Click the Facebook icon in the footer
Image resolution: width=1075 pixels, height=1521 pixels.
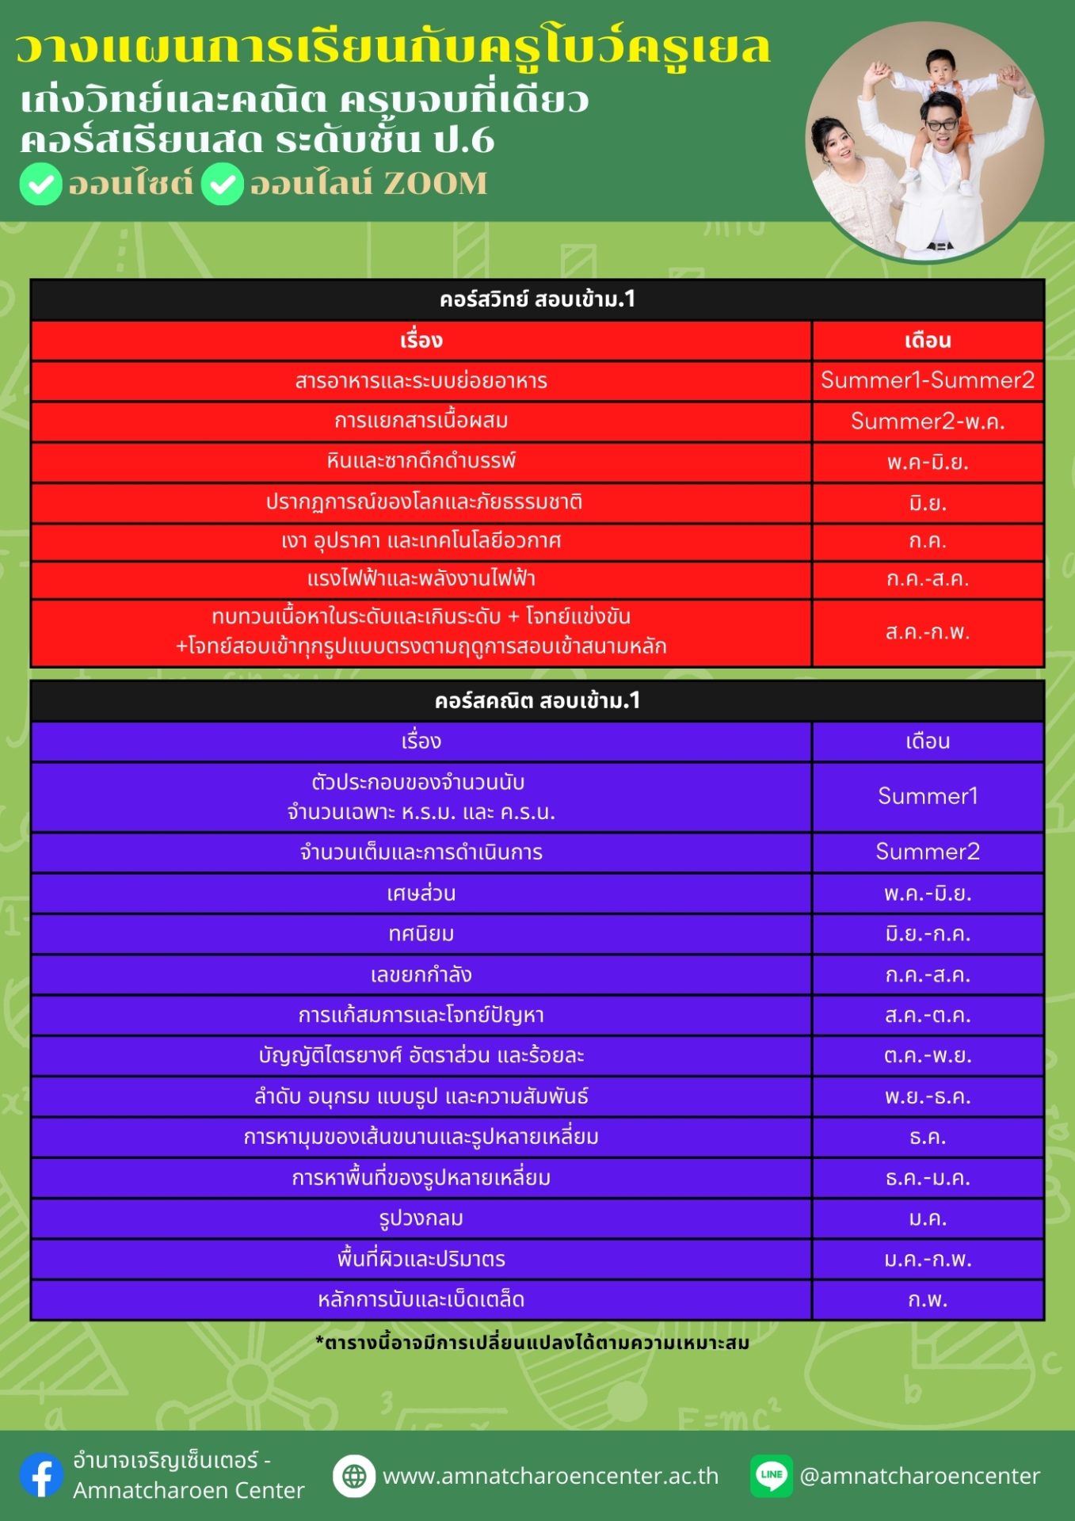tap(41, 1475)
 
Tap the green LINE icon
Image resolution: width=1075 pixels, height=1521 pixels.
tap(771, 1475)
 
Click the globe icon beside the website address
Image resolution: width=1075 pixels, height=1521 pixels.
tap(353, 1476)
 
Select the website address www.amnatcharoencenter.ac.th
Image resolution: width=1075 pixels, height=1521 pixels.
tap(551, 1476)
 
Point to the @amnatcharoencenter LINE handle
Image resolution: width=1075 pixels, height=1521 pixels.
tap(920, 1476)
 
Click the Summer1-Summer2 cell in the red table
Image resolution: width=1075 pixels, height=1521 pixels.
tap(928, 380)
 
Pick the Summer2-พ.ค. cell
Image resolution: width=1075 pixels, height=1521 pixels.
tap(928, 421)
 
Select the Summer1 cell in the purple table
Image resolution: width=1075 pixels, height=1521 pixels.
tap(928, 796)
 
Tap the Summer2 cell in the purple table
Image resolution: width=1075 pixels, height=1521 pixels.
tap(928, 852)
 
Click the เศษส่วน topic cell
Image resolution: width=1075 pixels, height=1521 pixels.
tap(421, 894)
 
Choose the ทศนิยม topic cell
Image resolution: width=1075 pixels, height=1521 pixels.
tap(421, 934)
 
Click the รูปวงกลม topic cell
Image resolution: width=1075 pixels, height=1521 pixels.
tap(421, 1218)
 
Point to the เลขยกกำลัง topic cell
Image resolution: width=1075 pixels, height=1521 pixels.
tap(421, 974)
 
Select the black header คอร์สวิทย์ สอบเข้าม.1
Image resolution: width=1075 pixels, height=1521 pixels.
tap(537, 299)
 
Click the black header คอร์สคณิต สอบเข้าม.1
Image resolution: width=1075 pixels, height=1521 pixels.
tap(537, 701)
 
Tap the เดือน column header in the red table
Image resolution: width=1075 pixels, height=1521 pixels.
tap(928, 341)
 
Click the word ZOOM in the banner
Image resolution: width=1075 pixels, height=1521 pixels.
tap(435, 184)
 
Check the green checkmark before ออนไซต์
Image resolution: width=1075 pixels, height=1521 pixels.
tap(41, 184)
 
